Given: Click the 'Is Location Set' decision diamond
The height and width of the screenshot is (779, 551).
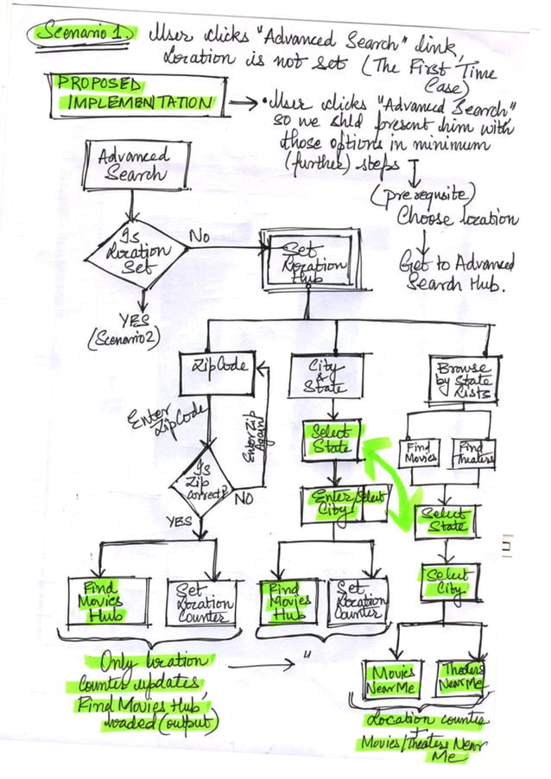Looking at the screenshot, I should click(135, 253).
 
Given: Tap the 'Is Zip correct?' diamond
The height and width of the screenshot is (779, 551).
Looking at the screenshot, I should click(203, 484).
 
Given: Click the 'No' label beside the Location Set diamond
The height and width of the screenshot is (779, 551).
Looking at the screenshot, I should click(201, 233).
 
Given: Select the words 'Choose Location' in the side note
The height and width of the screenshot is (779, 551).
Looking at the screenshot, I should click(457, 217).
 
